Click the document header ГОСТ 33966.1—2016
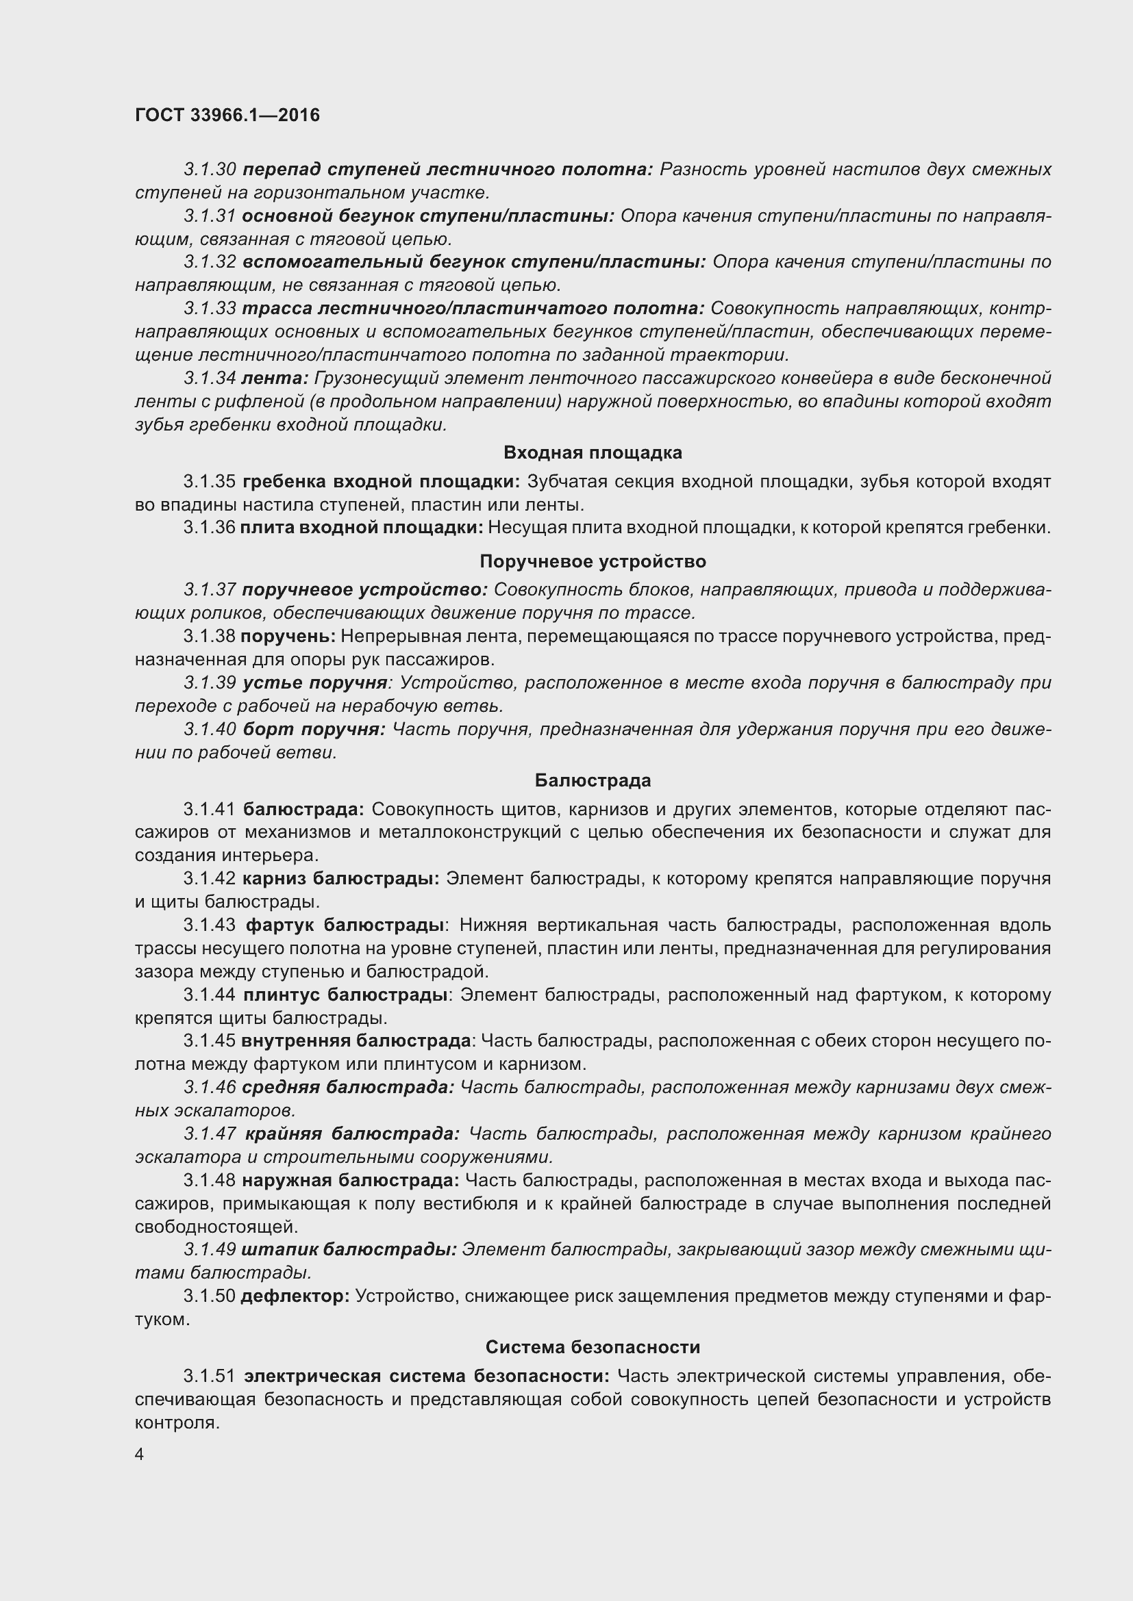227,115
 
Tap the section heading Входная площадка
593,452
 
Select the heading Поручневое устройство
593,561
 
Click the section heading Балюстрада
593,780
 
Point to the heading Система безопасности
593,1347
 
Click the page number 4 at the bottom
140,1455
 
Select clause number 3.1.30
210,170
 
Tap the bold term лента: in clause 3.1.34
274,379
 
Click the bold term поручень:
288,637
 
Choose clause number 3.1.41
210,810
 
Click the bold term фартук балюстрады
345,925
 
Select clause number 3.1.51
210,1376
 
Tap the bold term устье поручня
314,682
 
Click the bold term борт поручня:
314,730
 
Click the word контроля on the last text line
177,1422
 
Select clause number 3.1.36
210,528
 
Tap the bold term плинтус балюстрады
345,995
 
